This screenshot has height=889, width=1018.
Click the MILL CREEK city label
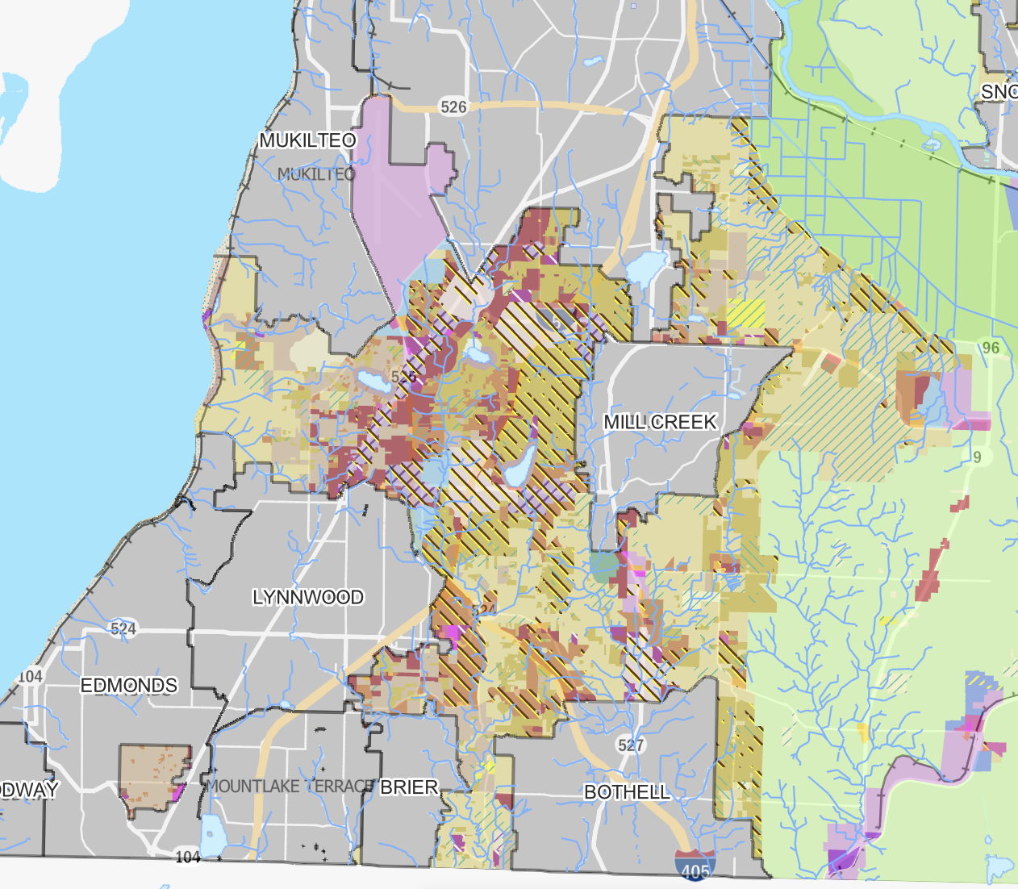point(660,422)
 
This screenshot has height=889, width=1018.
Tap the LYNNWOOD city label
point(307,597)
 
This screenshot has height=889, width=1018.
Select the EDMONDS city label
point(129,686)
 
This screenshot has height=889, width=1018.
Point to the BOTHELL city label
point(627,792)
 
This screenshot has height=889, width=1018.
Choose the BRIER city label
point(409,787)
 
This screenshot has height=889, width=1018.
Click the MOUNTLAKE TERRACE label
point(290,786)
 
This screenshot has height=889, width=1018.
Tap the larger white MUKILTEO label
point(307,140)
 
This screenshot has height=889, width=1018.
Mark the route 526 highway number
point(453,106)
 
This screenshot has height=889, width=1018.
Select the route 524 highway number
point(123,628)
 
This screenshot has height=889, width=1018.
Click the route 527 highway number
point(631,745)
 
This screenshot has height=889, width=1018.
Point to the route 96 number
point(991,348)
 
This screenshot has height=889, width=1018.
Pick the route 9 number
point(977,457)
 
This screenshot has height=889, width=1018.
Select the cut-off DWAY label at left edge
point(29,790)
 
